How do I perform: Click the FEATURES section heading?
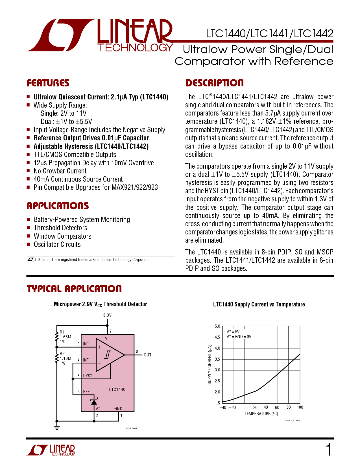point(48,83)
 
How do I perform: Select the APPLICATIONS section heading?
point(58,206)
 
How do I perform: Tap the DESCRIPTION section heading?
point(214,83)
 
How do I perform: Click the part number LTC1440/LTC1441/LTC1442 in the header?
point(270,34)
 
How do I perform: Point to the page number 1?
point(328,450)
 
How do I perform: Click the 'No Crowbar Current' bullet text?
point(60,171)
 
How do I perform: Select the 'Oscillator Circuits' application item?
point(57,244)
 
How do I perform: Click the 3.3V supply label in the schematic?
point(107,315)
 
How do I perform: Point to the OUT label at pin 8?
point(147,355)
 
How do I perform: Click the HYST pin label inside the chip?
point(88,376)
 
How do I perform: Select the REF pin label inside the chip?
point(86,392)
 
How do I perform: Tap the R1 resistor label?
point(62,332)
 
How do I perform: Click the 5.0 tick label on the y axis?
point(217,326)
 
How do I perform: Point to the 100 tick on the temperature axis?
point(300,407)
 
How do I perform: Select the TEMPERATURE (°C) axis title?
point(261,414)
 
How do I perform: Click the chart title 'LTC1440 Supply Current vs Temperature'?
point(259,304)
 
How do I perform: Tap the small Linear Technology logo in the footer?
point(51,450)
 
